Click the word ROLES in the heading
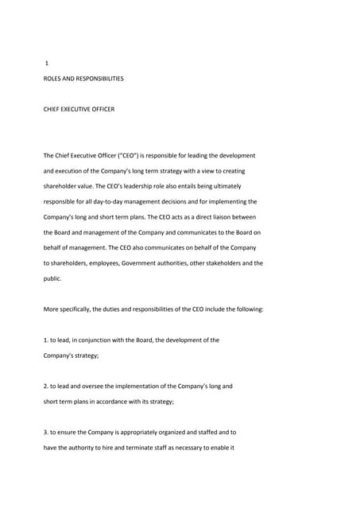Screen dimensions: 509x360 (x=53, y=79)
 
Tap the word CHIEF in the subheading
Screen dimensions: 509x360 (x=52, y=109)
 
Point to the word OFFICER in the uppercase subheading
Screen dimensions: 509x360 (x=101, y=109)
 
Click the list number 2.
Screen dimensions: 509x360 (x=45, y=387)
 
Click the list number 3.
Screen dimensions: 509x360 (x=45, y=433)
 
